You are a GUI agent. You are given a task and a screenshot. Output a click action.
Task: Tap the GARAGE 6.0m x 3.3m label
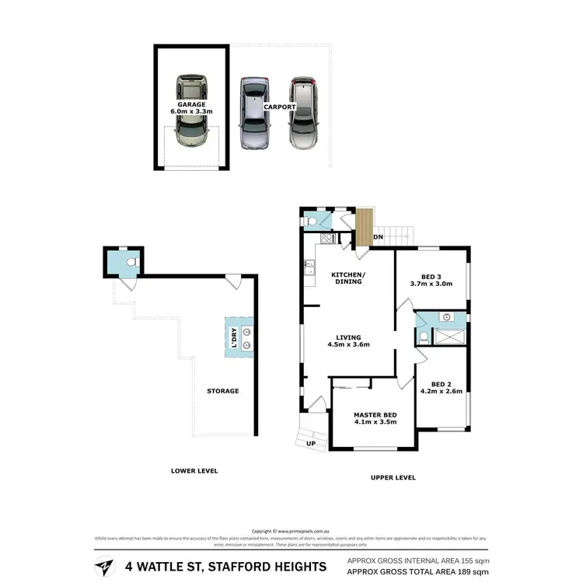(191, 107)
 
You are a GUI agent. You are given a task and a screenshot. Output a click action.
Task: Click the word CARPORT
(278, 107)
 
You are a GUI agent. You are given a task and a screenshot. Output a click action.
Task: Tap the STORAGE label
(222, 391)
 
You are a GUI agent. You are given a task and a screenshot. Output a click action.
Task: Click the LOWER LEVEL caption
(194, 471)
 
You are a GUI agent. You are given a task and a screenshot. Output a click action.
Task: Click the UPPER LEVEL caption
(393, 477)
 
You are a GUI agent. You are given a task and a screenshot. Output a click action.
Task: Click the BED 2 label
(442, 386)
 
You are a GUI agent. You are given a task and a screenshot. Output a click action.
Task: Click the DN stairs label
(379, 236)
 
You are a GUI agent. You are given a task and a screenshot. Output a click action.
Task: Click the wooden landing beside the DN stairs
(364, 227)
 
